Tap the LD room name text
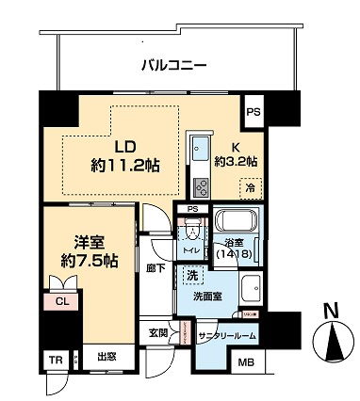coord(125,147)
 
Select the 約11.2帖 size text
coord(125,165)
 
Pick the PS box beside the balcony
coord(253,111)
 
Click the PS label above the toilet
coord(192,209)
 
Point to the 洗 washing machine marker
coord(191,277)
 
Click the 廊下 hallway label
coord(156,268)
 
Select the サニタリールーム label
coord(226,336)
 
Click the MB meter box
coord(245,362)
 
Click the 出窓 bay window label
coord(106,358)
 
